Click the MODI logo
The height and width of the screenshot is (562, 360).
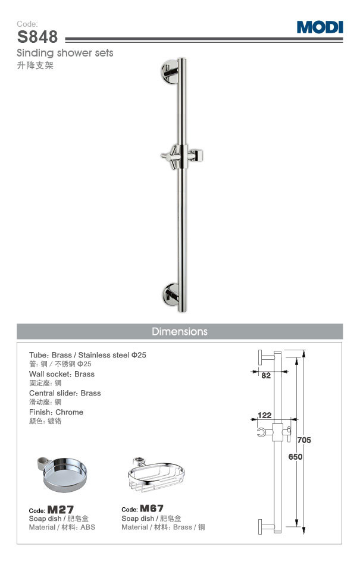[x=320, y=27]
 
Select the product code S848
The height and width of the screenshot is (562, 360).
[x=37, y=37]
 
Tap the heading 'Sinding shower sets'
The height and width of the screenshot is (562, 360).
[x=65, y=54]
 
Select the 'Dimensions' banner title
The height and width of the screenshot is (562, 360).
[x=180, y=331]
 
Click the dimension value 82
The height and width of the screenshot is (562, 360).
[x=265, y=376]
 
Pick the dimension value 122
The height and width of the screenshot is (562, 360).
[x=265, y=415]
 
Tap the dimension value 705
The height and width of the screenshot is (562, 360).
[x=303, y=440]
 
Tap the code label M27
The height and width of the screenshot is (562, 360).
[x=61, y=510]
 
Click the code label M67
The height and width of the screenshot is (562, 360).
[x=152, y=509]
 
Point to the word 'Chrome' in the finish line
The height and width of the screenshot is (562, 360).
[x=70, y=412]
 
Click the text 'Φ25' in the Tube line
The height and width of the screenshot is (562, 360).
[x=139, y=355]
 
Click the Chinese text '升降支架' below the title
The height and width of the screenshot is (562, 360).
[x=35, y=65]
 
